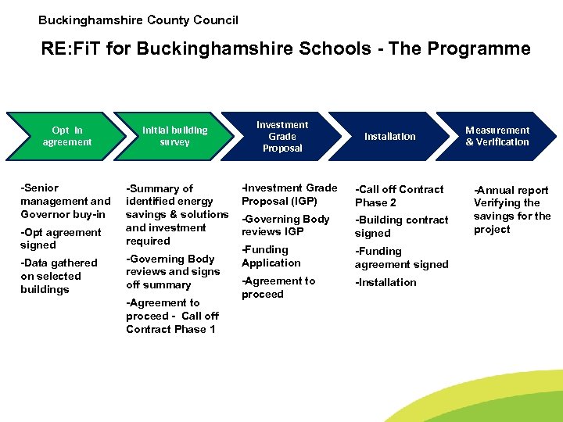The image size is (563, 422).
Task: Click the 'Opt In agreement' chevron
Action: pyautogui.click(x=66, y=136)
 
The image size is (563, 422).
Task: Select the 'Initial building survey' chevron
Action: pyautogui.click(x=174, y=136)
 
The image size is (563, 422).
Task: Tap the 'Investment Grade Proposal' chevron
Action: pyautogui.click(x=282, y=136)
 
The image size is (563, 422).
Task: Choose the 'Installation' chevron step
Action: pyautogui.click(x=389, y=136)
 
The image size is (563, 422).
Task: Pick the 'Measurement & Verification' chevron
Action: pyautogui.click(x=497, y=136)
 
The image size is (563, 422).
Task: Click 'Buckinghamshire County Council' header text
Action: pyautogui.click(x=138, y=20)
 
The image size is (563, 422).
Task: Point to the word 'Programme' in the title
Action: pyautogui.click(x=484, y=49)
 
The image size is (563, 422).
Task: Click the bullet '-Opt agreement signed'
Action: pyautogui.click(x=61, y=238)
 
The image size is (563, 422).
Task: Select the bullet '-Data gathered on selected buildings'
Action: pyautogui.click(x=59, y=276)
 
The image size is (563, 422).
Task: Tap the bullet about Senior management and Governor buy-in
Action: pyautogui.click(x=66, y=201)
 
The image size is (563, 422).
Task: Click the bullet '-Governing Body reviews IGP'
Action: pyautogui.click(x=285, y=225)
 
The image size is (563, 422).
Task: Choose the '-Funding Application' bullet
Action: pyautogui.click(x=271, y=256)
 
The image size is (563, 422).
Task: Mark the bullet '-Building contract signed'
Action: pyautogui.click(x=401, y=227)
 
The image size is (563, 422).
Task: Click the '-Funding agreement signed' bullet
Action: pyautogui.click(x=401, y=258)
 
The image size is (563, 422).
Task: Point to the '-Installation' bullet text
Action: pyautogui.click(x=385, y=282)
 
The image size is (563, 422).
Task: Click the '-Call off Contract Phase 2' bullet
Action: pyautogui.click(x=399, y=195)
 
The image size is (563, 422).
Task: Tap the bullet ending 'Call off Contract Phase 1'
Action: pyautogui.click(x=172, y=316)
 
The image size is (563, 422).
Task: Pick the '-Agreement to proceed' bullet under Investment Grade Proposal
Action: pyautogui.click(x=278, y=288)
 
